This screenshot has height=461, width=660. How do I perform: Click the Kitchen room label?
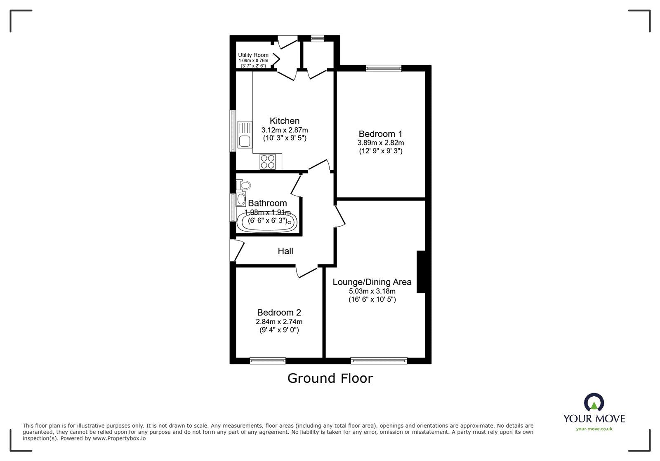pyautogui.click(x=285, y=121)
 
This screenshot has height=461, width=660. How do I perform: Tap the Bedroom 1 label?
pyautogui.click(x=380, y=134)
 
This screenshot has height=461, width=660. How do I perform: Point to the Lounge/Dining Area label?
pyautogui.click(x=372, y=282)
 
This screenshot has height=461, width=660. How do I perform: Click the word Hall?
pyautogui.click(x=285, y=251)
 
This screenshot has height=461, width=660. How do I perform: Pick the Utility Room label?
pyautogui.click(x=253, y=55)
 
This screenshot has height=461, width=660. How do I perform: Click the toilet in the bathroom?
pyautogui.click(x=244, y=185)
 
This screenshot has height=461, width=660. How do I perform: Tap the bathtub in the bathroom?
pyautogui.click(x=266, y=222)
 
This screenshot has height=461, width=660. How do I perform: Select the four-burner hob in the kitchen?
pyautogui.click(x=267, y=161)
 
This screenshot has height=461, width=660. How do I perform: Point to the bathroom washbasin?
pyautogui.click(x=241, y=199)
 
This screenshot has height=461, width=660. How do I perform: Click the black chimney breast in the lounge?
pyautogui.click(x=421, y=272)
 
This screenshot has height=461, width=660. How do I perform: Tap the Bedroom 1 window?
pyautogui.click(x=384, y=68)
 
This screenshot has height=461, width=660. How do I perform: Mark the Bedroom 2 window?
pyautogui.click(x=268, y=360)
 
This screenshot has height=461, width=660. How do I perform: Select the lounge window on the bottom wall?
pyautogui.click(x=379, y=361)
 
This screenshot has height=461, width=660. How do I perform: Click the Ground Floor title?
pyautogui.click(x=330, y=378)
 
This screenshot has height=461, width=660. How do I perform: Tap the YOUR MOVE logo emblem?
pyautogui.click(x=594, y=402)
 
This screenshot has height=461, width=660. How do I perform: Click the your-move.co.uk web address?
pyautogui.click(x=594, y=429)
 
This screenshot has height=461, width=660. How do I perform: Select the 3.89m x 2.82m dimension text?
pyautogui.click(x=380, y=143)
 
